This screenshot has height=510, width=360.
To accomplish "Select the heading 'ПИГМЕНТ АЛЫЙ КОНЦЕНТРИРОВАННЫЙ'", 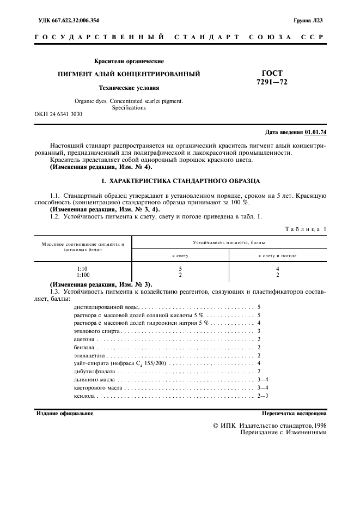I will coord(129,73).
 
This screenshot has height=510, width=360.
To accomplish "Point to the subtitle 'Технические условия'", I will coord(129,87).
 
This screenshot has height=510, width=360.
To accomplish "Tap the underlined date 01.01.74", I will coord(316,132).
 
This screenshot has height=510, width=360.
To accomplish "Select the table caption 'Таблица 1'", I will coord(306,229).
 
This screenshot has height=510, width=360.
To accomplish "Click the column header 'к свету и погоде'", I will coord(277,255).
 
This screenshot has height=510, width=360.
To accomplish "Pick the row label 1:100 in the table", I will coord(83,275).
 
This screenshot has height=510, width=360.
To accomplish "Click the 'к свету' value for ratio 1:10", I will coord(180,269).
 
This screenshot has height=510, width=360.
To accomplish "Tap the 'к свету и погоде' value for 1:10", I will coord(277,269).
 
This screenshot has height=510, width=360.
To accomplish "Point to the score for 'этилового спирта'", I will coord(259,331).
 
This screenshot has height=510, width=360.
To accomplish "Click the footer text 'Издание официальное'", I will coord(65,414).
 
